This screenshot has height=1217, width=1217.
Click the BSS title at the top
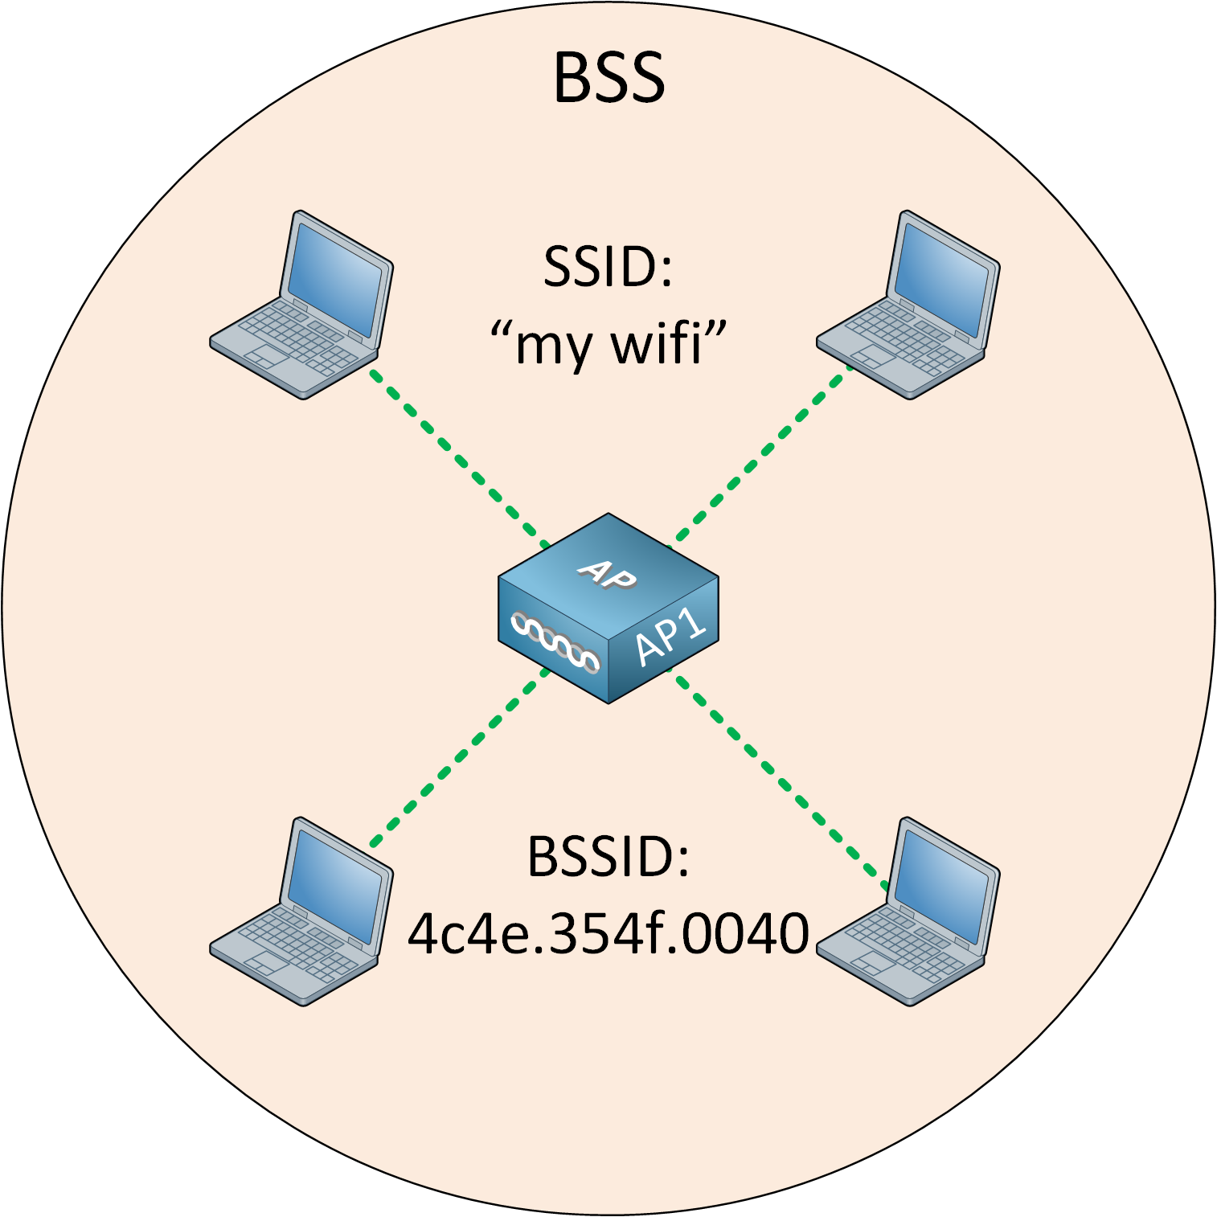[609, 78]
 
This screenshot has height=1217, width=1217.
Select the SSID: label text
[608, 267]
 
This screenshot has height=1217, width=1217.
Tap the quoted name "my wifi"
[608, 343]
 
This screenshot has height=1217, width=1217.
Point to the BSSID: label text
[608, 856]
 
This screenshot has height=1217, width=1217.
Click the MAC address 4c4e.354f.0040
[608, 933]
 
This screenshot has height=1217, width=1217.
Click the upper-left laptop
[301, 305]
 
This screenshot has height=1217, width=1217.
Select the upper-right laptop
[908, 305]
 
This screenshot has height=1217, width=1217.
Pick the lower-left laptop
[301, 912]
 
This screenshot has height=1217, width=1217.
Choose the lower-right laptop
[908, 912]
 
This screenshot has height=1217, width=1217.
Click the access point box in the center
[608, 608]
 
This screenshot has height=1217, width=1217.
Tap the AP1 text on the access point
[670, 636]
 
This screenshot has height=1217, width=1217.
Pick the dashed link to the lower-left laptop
[458, 760]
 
